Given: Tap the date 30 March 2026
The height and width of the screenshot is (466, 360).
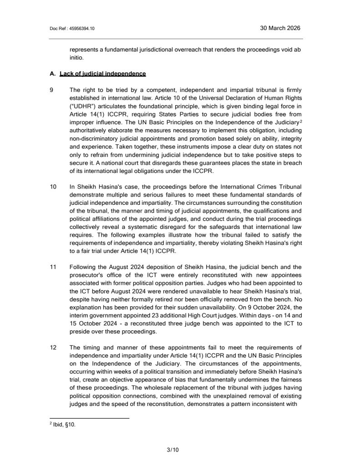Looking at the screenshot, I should (280, 28).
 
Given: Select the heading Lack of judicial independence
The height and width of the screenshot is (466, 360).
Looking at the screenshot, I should (103, 73).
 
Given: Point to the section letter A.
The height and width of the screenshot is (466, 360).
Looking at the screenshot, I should (52, 73).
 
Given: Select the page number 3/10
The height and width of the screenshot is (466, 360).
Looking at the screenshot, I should (173, 451).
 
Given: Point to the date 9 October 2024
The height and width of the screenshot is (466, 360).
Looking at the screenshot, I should (259, 307).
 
